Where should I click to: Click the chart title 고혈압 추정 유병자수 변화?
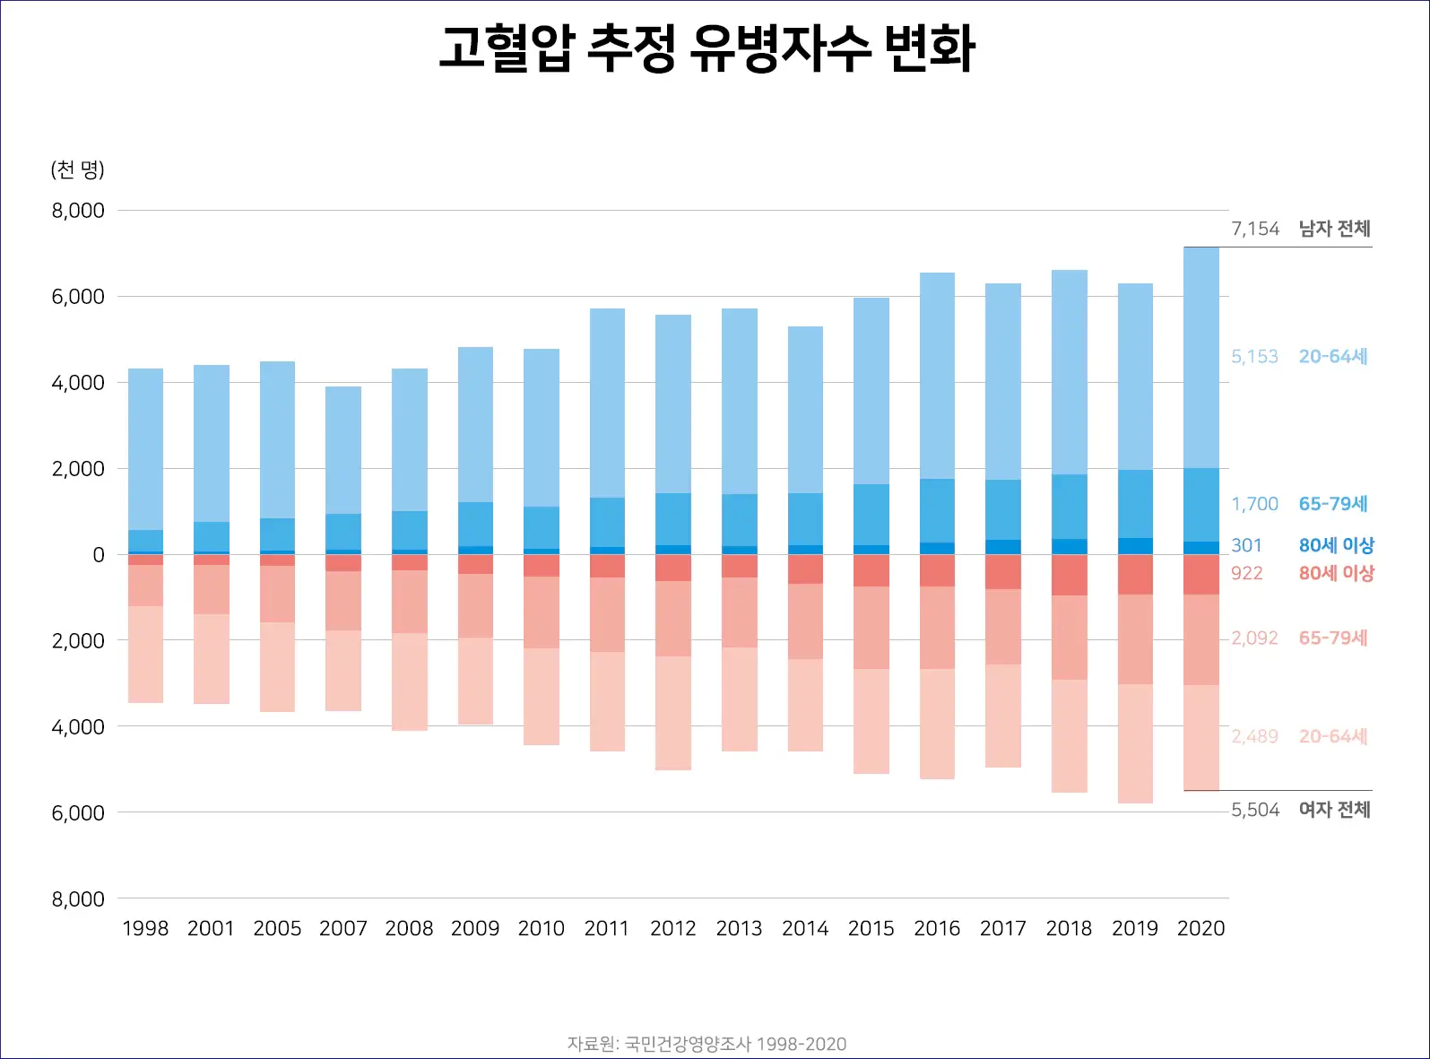point(706,48)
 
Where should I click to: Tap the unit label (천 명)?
point(77,169)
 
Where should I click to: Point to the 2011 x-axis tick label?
point(607,928)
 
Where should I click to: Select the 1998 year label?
point(145,928)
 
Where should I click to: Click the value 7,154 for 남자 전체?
point(1254,229)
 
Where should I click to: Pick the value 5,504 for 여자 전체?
point(1254,810)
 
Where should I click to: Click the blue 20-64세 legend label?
point(1333,356)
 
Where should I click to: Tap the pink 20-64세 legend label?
point(1333,736)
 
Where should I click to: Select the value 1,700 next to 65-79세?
point(1254,504)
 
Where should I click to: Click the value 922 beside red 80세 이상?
point(1246,573)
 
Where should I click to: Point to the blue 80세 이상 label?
point(1336,545)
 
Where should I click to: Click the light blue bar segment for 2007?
point(343,450)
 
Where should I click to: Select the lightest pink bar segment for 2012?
point(673,713)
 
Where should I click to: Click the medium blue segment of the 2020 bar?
point(1201,505)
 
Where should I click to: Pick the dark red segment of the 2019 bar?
point(1135,575)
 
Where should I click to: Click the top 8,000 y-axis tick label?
point(78,211)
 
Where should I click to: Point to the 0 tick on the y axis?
point(99,555)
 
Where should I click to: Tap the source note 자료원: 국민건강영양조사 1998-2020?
point(706,1044)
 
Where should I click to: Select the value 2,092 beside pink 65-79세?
point(1254,638)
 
